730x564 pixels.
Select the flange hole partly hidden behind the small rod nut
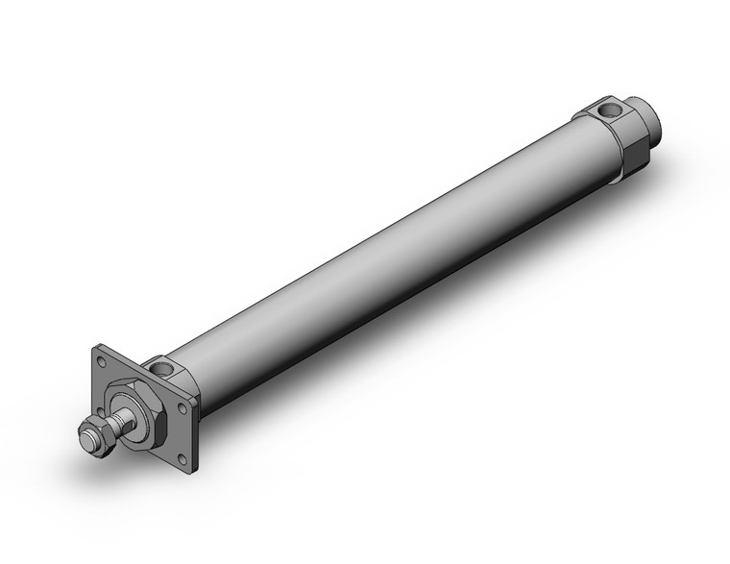coord(99,411)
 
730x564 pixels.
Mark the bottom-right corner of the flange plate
coord(195,468)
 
